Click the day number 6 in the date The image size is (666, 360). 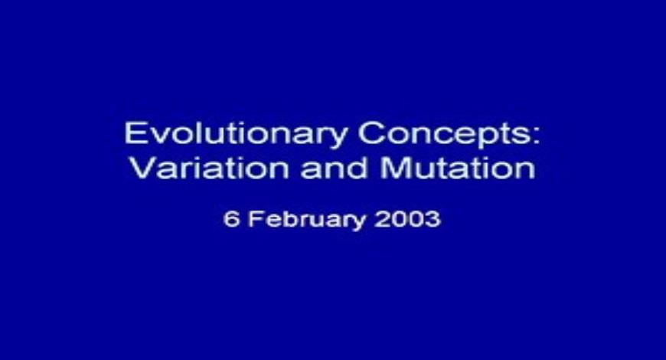tap(230, 219)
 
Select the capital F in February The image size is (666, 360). tap(254, 219)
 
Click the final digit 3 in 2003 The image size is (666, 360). tap(433, 219)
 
